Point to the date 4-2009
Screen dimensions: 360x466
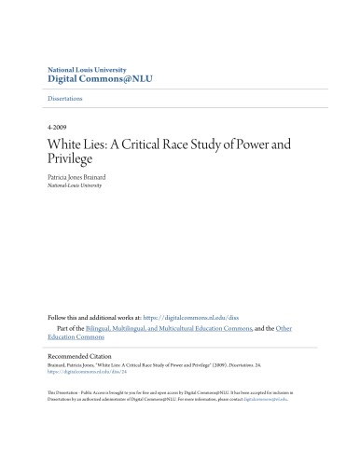coord(59,126)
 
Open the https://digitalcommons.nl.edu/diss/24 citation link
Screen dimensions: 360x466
coord(81,375)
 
